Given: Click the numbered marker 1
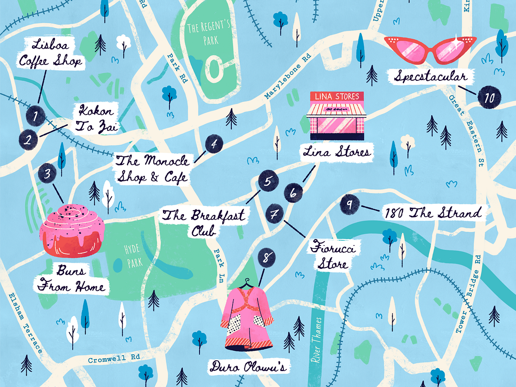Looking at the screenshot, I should [x=36, y=115].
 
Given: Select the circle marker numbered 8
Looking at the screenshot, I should [x=267, y=258].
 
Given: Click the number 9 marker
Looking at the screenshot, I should [x=350, y=206].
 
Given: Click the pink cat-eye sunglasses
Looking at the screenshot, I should [x=430, y=48].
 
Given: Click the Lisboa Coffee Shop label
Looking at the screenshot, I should [x=50, y=53].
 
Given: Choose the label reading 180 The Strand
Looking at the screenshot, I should [x=432, y=213].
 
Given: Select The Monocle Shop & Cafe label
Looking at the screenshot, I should [x=152, y=169].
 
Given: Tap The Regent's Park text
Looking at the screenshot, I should [x=209, y=34].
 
